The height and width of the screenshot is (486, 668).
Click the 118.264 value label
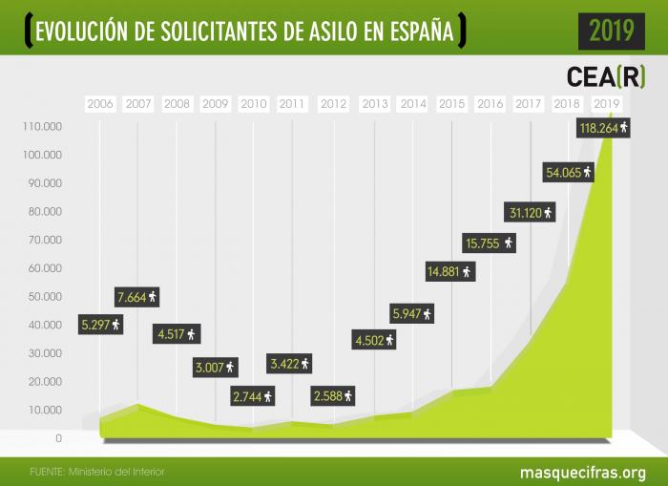[x=604, y=127]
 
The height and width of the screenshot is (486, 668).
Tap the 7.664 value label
[x=137, y=296]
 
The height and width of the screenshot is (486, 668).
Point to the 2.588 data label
[x=333, y=394]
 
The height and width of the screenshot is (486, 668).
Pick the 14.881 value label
[x=449, y=272]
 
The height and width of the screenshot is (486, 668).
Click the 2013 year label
[x=374, y=103]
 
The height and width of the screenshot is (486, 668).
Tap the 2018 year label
[x=566, y=103]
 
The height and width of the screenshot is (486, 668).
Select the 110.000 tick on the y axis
[x=40, y=126]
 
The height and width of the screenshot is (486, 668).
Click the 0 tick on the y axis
[x=58, y=439]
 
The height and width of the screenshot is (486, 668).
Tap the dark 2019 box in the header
[x=611, y=31]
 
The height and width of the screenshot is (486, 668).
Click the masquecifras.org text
[x=582, y=472]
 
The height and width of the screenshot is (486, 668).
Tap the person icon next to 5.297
[x=116, y=325]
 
